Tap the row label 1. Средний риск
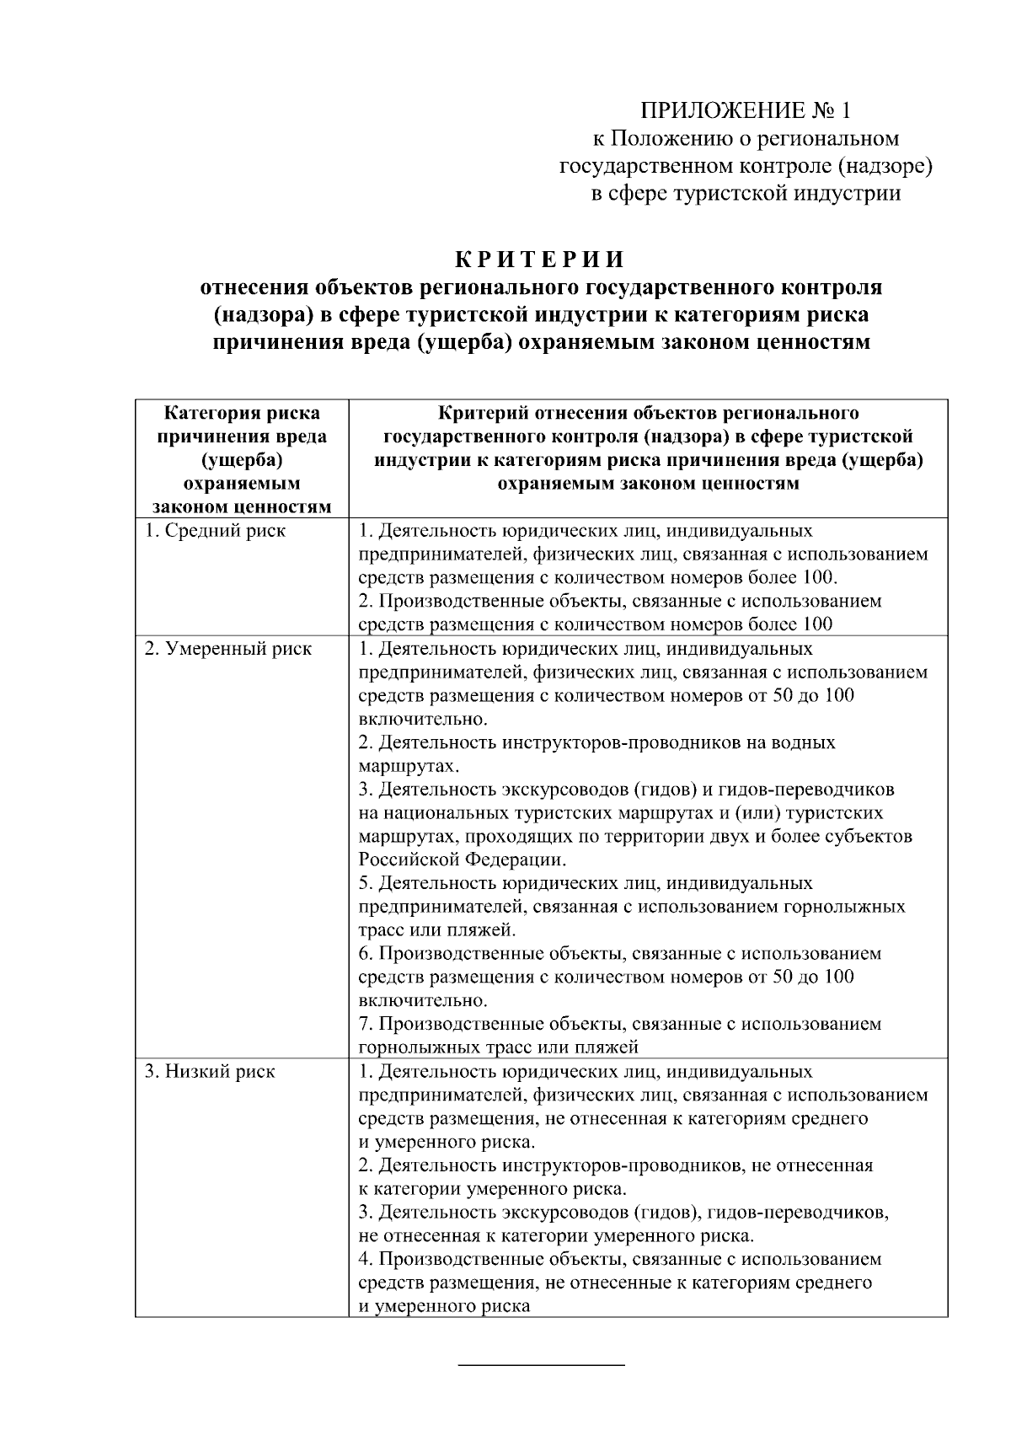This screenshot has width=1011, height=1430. click(x=215, y=531)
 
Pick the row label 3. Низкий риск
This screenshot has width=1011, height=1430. click(x=210, y=1072)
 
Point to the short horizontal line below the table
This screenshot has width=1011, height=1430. click(x=541, y=1363)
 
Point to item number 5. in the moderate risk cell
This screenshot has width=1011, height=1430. click(x=366, y=883)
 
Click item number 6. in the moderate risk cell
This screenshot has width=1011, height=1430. click(x=366, y=954)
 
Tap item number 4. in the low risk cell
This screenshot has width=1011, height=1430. click(x=366, y=1260)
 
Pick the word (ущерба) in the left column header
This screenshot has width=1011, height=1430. click(x=242, y=460)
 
